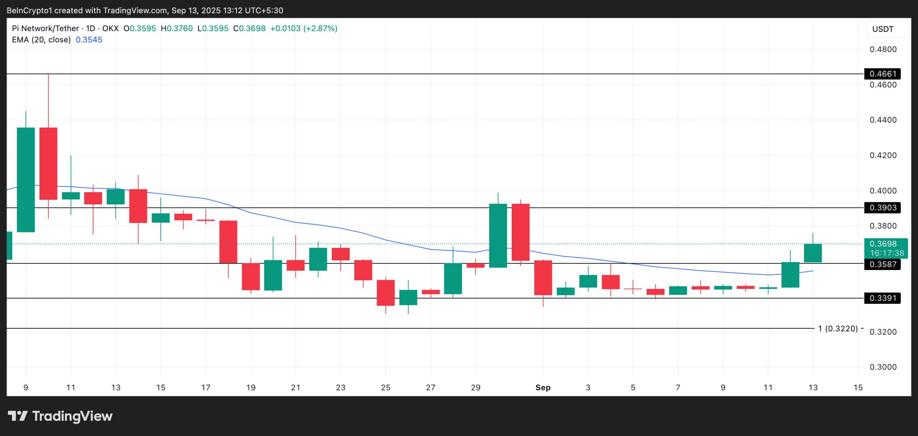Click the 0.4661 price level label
coord(882,74)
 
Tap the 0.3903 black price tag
coord(882,208)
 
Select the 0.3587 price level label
coord(882,264)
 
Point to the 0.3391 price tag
coord(882,298)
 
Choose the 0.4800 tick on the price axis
coord(883,49)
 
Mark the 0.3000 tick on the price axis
coord(883,367)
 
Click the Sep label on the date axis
coord(543,388)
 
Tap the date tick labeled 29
coord(475,388)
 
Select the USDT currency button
coord(883,29)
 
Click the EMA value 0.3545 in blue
coord(89,40)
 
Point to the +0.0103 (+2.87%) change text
coord(303,28)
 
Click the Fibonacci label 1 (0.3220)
coord(838,328)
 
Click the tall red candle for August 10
coord(48,163)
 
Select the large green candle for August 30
coord(498,236)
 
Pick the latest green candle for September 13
coord(813,253)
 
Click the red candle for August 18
coord(228,242)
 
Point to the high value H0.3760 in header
coord(177,28)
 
